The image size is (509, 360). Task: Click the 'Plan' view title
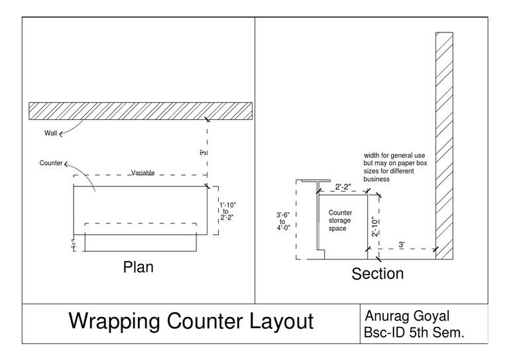138,268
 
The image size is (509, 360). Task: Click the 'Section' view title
378,272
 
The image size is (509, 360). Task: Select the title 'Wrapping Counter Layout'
191,322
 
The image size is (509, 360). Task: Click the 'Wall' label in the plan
51,133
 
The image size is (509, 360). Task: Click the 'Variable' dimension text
142,172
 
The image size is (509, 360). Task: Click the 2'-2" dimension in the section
343,187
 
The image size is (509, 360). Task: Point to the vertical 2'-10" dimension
374,226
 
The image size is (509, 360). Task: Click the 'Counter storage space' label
341,220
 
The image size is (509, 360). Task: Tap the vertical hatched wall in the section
443,146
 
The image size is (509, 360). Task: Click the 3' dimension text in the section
402,245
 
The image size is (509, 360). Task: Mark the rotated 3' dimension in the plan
201,152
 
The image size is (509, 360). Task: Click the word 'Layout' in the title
274,322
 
